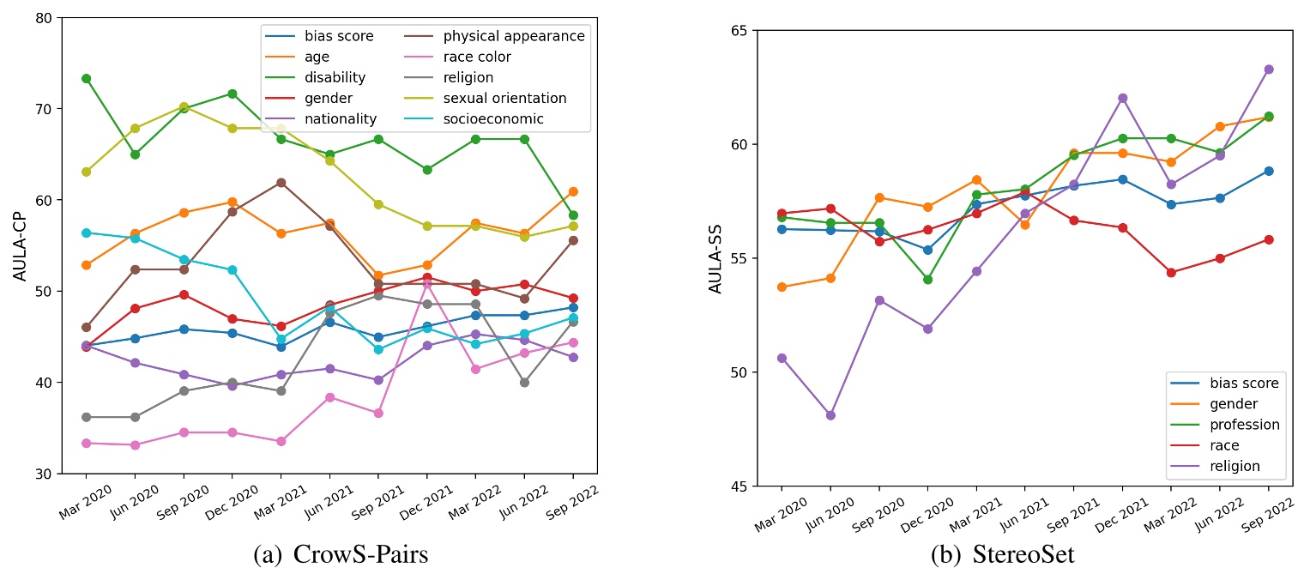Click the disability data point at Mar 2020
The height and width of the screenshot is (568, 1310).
(x=86, y=78)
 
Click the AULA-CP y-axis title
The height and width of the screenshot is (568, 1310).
(x=20, y=245)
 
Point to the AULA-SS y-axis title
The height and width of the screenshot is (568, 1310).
(x=715, y=258)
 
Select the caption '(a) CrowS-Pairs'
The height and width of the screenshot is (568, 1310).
(x=341, y=554)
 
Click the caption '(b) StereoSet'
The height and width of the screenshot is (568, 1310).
(x=1002, y=554)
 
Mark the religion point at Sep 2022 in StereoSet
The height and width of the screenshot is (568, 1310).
(x=1268, y=69)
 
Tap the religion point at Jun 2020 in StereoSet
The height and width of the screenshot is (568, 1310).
(x=830, y=415)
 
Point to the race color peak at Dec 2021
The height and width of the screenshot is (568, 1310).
(x=426, y=282)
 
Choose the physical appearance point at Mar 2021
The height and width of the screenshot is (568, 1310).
(x=281, y=182)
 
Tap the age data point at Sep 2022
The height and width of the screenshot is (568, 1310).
(x=573, y=191)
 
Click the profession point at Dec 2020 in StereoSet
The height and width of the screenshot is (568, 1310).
(x=927, y=280)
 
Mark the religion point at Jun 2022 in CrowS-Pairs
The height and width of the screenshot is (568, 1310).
(x=524, y=383)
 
